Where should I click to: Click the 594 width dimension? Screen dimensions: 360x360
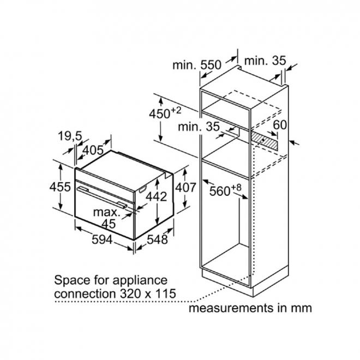(x=102, y=239)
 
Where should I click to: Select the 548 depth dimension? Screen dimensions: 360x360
(x=157, y=239)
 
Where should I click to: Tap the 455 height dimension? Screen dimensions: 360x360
(x=60, y=187)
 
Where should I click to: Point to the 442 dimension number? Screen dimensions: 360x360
(x=157, y=197)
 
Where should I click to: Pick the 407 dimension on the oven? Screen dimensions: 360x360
(x=186, y=187)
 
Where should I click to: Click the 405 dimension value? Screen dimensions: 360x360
(x=93, y=151)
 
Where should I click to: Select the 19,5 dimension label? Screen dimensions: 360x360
(x=70, y=136)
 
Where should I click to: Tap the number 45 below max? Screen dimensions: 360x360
(x=109, y=224)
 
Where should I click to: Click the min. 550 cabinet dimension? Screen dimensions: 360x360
(x=197, y=65)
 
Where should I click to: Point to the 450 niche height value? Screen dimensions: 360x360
(x=160, y=113)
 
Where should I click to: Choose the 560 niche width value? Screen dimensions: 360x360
(x=220, y=191)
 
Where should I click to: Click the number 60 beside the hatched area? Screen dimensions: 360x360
(x=280, y=125)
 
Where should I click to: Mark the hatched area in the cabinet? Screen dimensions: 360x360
(x=264, y=140)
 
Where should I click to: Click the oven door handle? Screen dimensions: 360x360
(x=102, y=196)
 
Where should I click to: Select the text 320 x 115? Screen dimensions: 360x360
(x=148, y=293)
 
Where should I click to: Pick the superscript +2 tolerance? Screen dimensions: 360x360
(x=176, y=110)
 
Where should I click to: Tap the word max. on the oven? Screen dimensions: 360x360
(x=106, y=212)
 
